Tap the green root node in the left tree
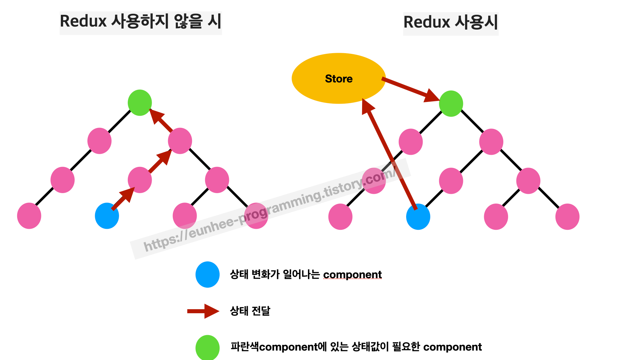(140, 102)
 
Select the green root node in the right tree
(451, 103)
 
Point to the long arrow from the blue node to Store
(390, 155)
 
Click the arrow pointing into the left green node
(161, 120)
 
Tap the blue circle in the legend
(207, 275)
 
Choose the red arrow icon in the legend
(203, 311)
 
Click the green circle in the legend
(207, 348)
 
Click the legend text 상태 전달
(250, 311)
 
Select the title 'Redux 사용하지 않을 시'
(141, 22)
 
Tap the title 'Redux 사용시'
(451, 23)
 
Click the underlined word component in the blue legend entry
(352, 275)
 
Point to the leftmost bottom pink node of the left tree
(29, 216)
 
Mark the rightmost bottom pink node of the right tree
(567, 217)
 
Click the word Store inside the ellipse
(339, 79)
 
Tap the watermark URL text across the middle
(269, 209)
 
